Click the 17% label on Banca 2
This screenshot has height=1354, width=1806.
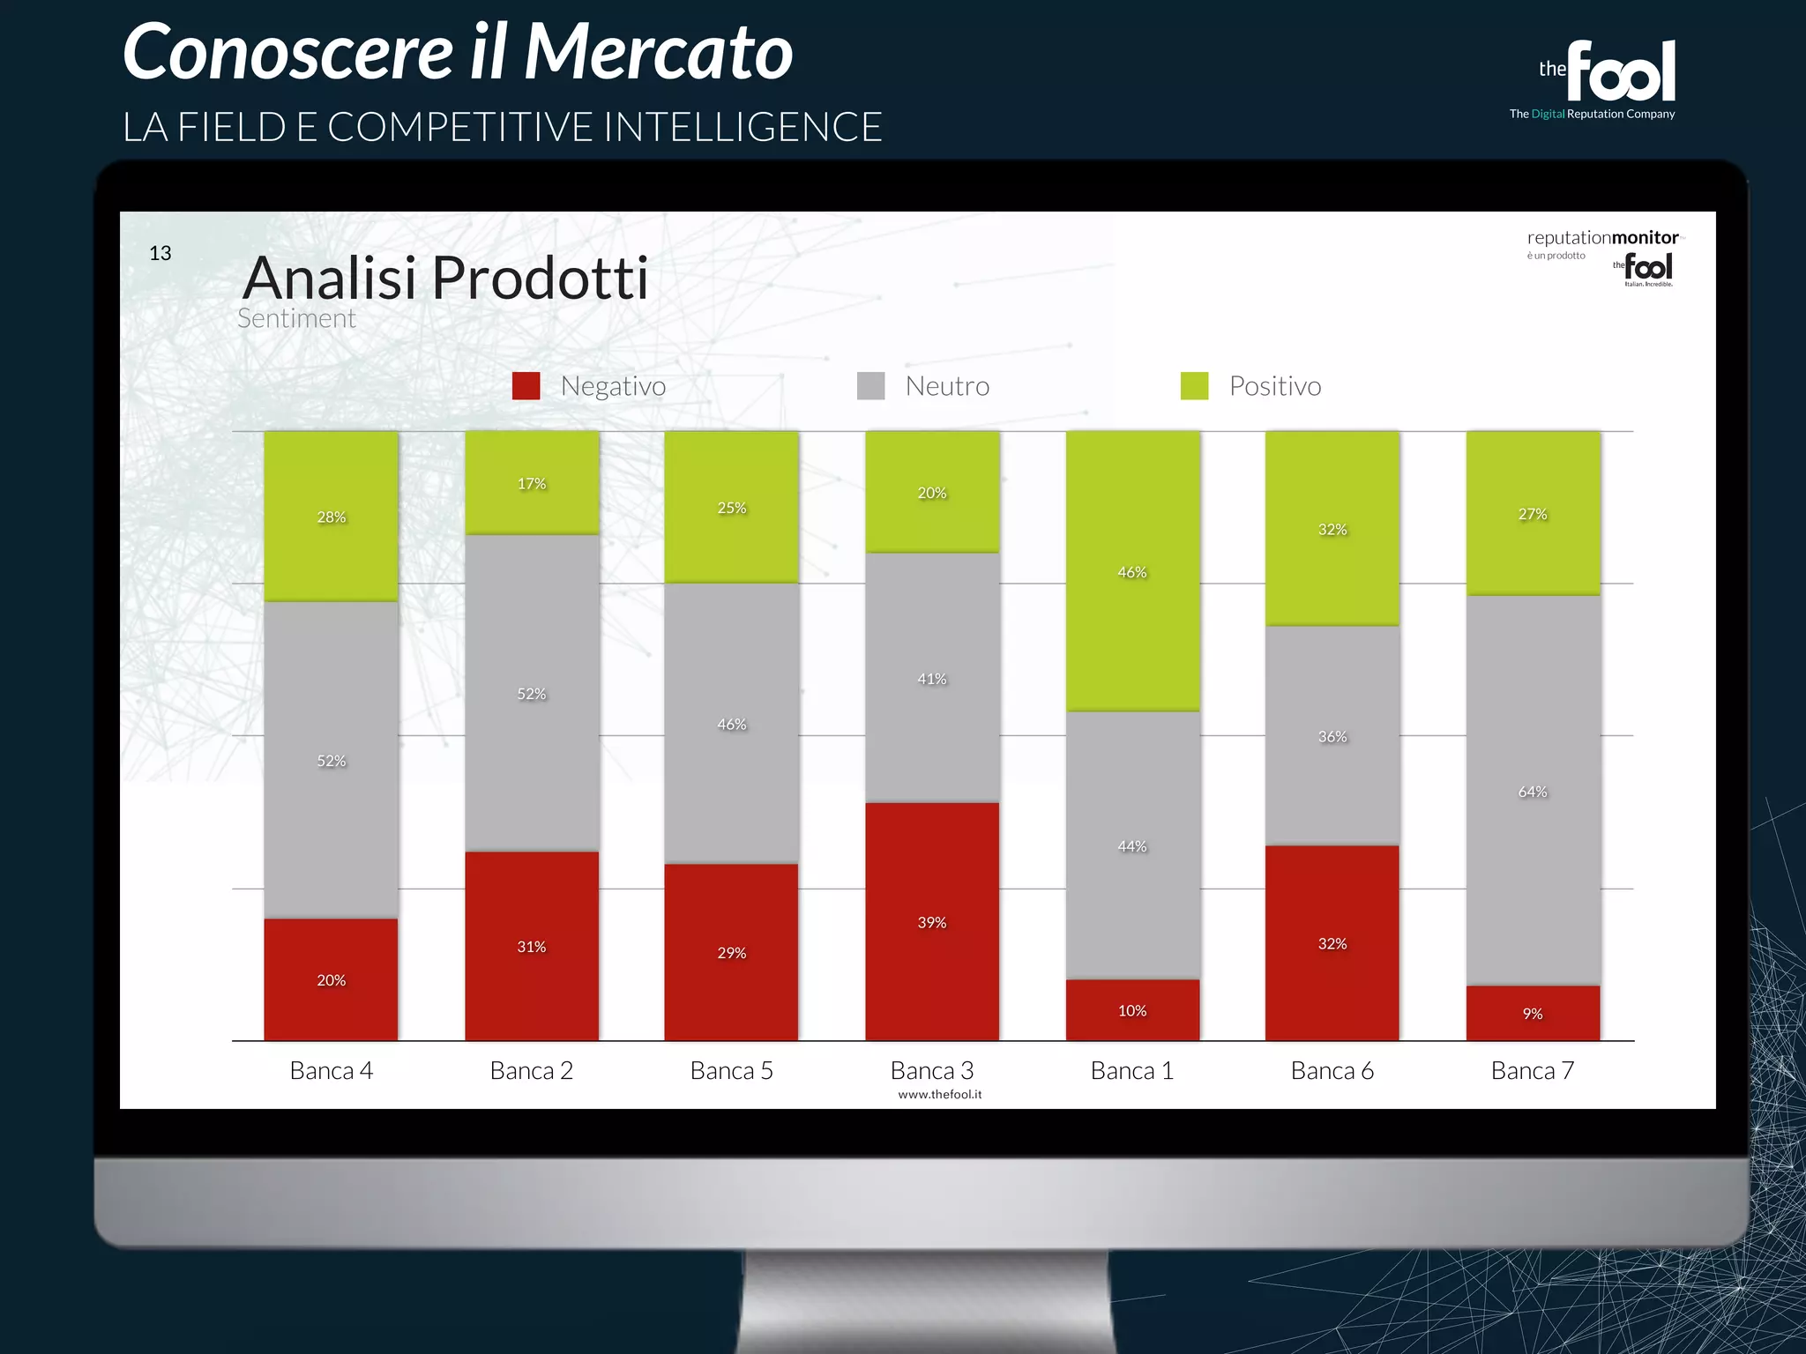coord(532,484)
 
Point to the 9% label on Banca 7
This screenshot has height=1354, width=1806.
coord(1533,1014)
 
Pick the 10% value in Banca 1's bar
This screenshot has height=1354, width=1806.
coord(1132,1011)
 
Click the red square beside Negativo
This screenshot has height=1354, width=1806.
coord(526,386)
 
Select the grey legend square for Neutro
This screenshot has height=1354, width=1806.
coord(871,386)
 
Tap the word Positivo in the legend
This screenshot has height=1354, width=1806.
coord(1275,386)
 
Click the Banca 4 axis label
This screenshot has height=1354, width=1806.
coord(332,1070)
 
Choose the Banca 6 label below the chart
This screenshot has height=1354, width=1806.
coord(1332,1070)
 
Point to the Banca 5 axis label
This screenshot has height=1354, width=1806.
coord(732,1070)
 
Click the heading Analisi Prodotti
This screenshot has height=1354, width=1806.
coord(446,278)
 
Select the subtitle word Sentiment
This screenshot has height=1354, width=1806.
coord(296,319)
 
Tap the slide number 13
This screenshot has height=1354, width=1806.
coord(160,254)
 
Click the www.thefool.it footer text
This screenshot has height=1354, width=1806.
coord(940,1095)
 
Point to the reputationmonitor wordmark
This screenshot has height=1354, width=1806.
coord(1602,238)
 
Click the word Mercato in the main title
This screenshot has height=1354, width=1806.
coord(658,52)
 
